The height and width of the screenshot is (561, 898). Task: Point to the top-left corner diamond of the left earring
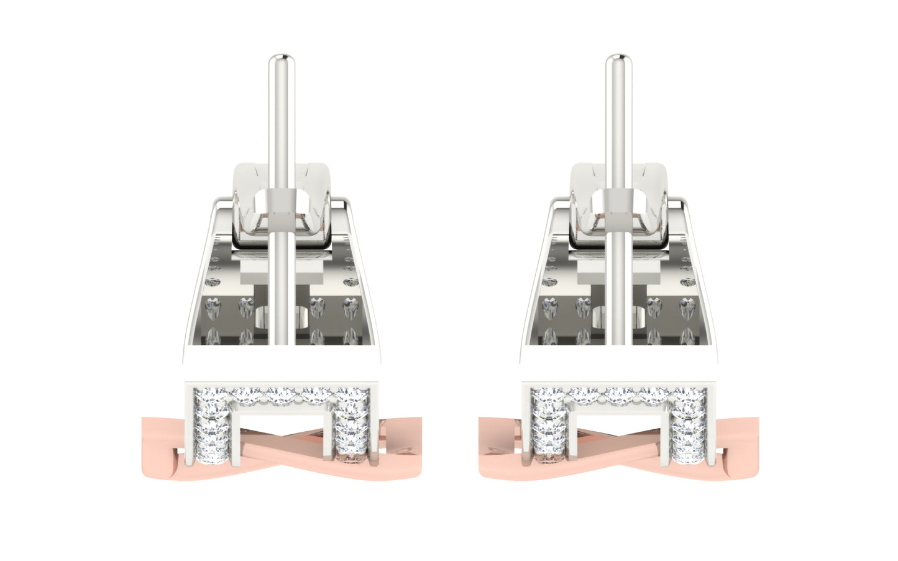click(206, 396)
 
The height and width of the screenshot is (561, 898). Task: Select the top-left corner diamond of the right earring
click(544, 396)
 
